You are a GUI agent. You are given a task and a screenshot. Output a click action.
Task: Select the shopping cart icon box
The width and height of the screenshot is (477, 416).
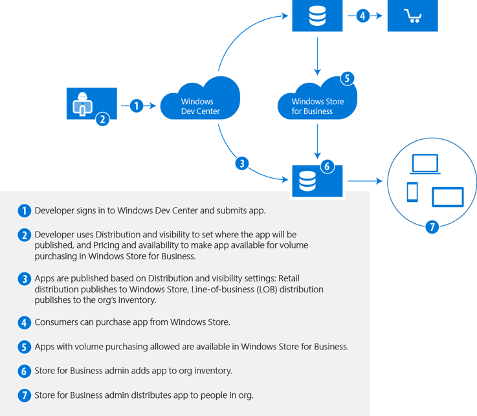(x=412, y=16)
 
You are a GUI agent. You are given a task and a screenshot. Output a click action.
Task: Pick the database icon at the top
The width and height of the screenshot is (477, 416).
(x=317, y=16)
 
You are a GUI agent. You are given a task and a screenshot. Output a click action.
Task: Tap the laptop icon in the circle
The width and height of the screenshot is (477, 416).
(x=426, y=164)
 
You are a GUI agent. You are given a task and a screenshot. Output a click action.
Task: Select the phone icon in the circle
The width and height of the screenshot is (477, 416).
(x=412, y=192)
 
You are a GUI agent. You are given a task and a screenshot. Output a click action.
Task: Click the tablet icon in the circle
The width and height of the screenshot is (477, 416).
(x=448, y=197)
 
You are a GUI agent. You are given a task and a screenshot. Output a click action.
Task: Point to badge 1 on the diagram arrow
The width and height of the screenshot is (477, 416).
(x=136, y=105)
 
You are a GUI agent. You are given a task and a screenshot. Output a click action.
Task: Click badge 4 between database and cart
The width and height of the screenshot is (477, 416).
(x=363, y=16)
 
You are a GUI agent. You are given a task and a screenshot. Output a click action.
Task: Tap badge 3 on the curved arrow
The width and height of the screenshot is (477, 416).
(x=242, y=164)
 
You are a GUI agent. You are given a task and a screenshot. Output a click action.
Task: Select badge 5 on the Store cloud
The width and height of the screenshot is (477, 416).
(x=347, y=79)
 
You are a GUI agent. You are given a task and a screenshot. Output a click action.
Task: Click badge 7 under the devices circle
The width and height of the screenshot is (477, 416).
(x=432, y=226)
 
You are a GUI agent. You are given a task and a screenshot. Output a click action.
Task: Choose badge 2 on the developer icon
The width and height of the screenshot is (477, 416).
(x=102, y=118)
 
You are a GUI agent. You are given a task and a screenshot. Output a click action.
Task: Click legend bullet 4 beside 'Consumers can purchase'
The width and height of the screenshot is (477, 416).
(x=25, y=322)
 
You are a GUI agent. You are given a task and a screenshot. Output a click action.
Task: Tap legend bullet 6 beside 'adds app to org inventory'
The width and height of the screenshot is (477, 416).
(x=25, y=371)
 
